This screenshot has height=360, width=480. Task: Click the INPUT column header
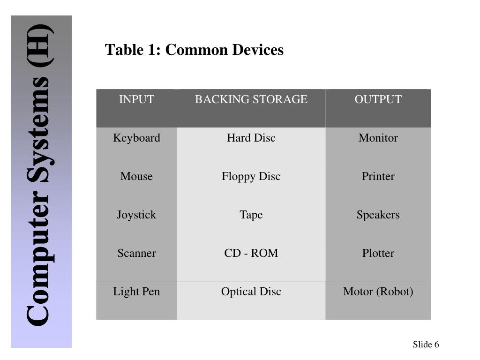(x=136, y=99)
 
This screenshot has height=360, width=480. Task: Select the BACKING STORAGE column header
(x=251, y=99)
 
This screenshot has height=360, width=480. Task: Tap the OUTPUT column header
(x=378, y=99)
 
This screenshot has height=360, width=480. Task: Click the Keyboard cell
(x=136, y=138)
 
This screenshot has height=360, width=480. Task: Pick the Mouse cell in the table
(x=136, y=176)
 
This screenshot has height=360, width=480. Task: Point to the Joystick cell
(x=136, y=215)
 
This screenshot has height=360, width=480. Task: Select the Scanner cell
(x=136, y=253)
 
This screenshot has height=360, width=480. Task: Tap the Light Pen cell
(x=136, y=292)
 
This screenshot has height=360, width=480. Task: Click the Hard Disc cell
(x=251, y=138)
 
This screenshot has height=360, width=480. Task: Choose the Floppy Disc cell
(x=251, y=176)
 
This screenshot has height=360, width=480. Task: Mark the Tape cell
(x=251, y=215)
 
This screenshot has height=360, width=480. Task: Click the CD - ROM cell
(x=251, y=253)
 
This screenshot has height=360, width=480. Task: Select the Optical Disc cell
(x=251, y=292)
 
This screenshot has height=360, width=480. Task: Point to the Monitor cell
(x=378, y=138)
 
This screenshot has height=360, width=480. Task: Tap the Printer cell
(x=378, y=176)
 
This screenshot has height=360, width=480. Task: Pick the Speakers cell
(x=378, y=215)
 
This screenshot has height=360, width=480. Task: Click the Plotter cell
(x=378, y=253)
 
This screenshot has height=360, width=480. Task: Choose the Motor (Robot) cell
(x=378, y=292)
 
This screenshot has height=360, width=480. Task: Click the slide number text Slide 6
(x=426, y=345)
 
